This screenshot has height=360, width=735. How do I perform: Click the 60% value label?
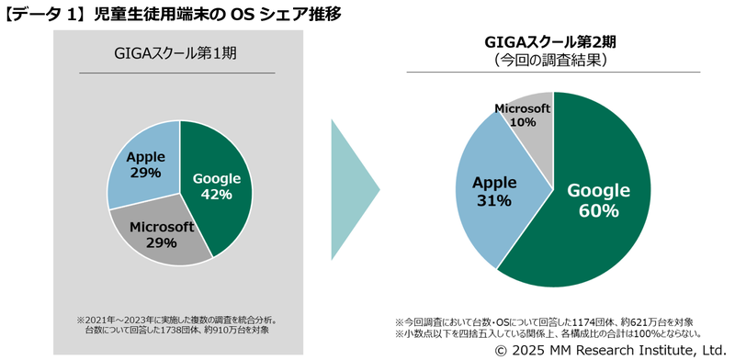[x=598, y=210]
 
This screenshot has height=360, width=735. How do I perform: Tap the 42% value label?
[x=217, y=194]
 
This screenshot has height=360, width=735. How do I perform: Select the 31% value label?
[x=493, y=200]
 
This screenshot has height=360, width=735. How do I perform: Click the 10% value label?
[x=523, y=121]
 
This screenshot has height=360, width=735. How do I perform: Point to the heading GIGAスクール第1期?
[x=177, y=53]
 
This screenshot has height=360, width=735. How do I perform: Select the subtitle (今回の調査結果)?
[x=550, y=61]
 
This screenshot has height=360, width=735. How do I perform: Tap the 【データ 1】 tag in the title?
[x=38, y=14]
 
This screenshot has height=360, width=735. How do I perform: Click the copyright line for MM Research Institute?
[x=611, y=350]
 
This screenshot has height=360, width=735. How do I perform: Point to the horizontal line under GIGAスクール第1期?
[x=177, y=73]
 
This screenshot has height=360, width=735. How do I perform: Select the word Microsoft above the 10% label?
[x=523, y=107]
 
